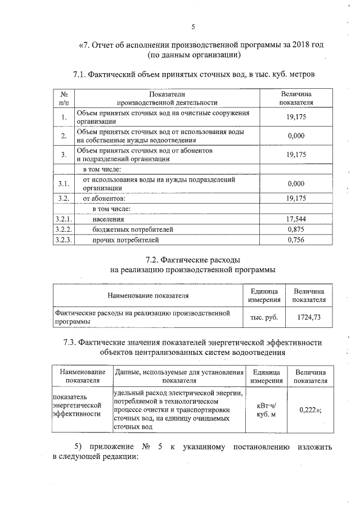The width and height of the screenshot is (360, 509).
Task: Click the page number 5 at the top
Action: (193, 27)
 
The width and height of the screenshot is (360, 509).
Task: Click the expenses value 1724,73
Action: (309, 318)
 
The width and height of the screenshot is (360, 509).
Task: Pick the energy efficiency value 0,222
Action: (307, 410)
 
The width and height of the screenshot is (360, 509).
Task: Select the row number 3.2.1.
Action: (64, 219)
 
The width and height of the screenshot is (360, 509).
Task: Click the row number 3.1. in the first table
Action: (64, 183)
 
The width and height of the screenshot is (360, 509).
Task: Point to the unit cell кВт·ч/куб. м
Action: (266, 410)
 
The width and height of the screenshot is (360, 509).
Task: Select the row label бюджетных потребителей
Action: (133, 229)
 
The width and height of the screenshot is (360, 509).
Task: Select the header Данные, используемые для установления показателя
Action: (179, 376)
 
